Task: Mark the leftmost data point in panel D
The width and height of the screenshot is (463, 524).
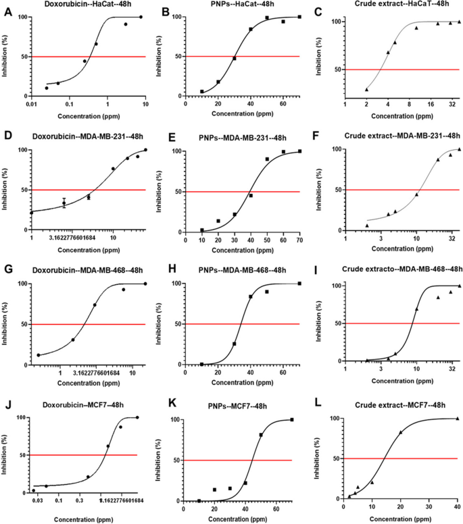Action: click(x=31, y=212)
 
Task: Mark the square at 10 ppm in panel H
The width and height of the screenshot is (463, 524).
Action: click(x=201, y=364)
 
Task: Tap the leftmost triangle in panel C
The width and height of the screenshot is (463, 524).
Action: click(x=366, y=89)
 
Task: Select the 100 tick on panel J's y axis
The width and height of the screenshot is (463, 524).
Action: click(x=21, y=417)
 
